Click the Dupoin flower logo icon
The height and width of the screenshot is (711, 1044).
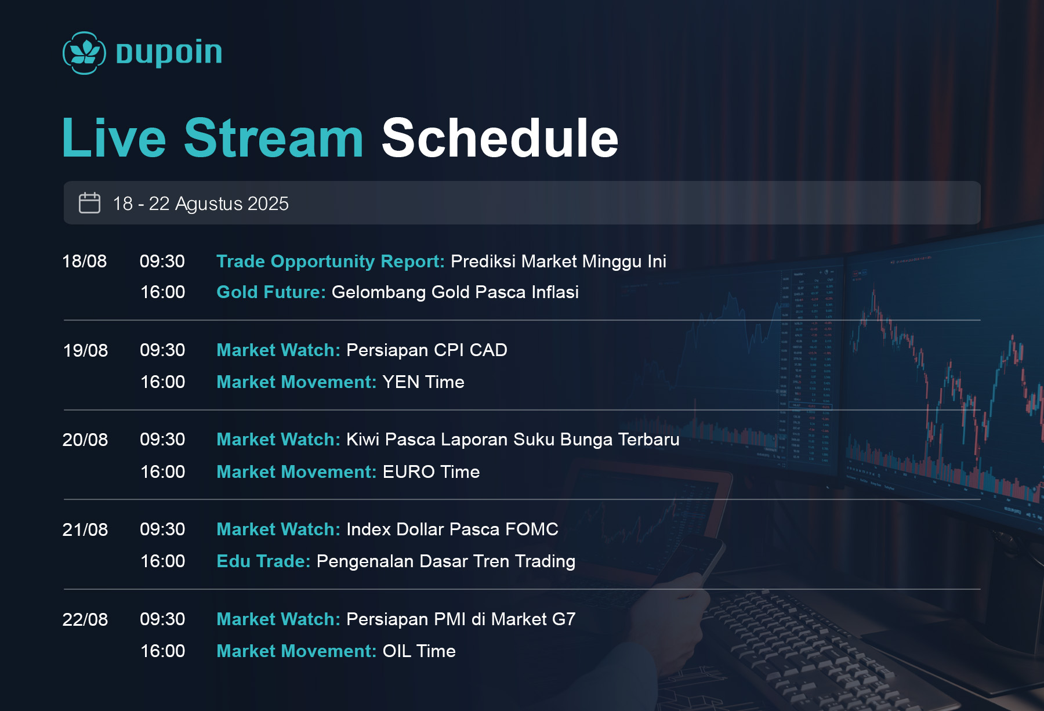pyautogui.click(x=84, y=53)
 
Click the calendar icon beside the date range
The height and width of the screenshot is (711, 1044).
pyautogui.click(x=89, y=203)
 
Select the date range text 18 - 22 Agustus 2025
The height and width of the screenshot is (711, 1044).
pyautogui.click(x=201, y=204)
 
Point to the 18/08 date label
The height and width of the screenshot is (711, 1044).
pyautogui.click(x=85, y=261)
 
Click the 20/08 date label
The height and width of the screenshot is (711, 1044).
pyautogui.click(x=85, y=440)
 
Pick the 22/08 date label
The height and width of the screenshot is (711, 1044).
pyautogui.click(x=85, y=619)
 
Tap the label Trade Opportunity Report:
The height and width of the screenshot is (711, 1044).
pyautogui.click(x=331, y=262)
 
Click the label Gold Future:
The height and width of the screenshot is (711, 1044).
pyautogui.click(x=271, y=292)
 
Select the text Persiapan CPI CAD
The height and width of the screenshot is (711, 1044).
pyautogui.click(x=427, y=350)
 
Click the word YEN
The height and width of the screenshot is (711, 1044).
pyautogui.click(x=401, y=382)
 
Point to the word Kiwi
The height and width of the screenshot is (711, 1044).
pyautogui.click(x=362, y=440)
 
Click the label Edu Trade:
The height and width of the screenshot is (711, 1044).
pyautogui.click(x=263, y=561)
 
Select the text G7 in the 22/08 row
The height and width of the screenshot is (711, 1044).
pyautogui.click(x=564, y=619)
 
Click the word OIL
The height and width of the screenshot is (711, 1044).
pyautogui.click(x=397, y=651)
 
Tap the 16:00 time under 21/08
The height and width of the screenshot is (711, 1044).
pyautogui.click(x=162, y=561)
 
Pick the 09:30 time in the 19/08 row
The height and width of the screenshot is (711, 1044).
pyautogui.click(x=162, y=350)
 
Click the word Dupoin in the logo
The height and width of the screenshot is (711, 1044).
pyautogui.click(x=169, y=53)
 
